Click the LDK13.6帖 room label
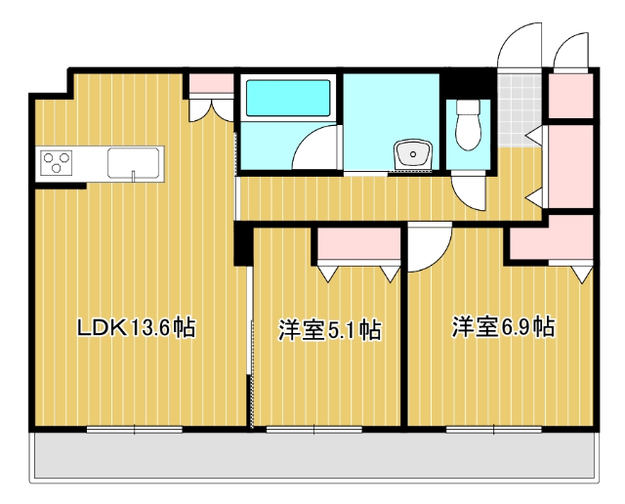[137, 328]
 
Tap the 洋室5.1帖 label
[329, 330]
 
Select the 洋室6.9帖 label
[503, 327]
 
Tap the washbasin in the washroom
[414, 154]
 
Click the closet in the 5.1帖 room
[358, 244]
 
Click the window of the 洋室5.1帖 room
[314, 428]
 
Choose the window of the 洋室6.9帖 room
[494, 428]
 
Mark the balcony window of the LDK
[134, 428]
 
